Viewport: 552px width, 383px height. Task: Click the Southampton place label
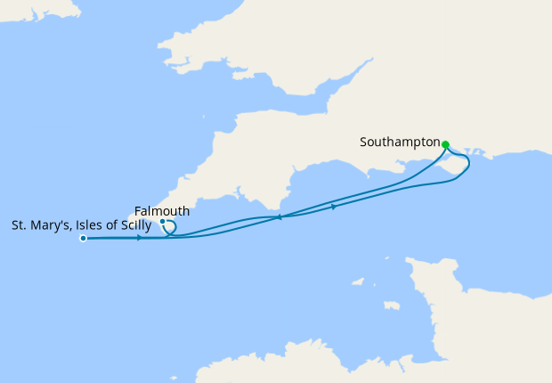[x=400, y=143]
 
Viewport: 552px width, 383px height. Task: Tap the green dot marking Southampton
[x=445, y=144]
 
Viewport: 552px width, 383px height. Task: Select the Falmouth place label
[x=161, y=211]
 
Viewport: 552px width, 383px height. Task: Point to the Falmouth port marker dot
[x=162, y=222]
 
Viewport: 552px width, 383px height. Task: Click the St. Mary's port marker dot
[x=83, y=239]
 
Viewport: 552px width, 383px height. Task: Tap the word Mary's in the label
[x=46, y=225]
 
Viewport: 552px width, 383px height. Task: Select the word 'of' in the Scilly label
[x=109, y=225]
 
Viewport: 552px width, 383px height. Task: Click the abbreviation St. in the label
[x=19, y=225]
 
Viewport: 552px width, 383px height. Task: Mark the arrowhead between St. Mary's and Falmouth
[x=140, y=238]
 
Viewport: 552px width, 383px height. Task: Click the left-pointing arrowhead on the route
[x=280, y=217]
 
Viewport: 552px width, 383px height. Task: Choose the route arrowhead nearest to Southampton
[x=334, y=207]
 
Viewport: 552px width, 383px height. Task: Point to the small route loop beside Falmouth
[x=172, y=229]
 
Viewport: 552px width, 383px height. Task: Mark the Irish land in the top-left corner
[x=36, y=7]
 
